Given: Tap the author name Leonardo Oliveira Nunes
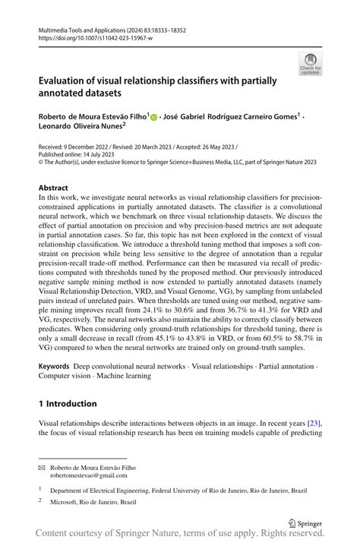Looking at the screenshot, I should tap(84, 128).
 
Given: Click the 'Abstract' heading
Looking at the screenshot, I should tap(55, 187).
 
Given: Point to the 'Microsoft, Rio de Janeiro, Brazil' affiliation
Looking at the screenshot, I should tap(95, 501).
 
